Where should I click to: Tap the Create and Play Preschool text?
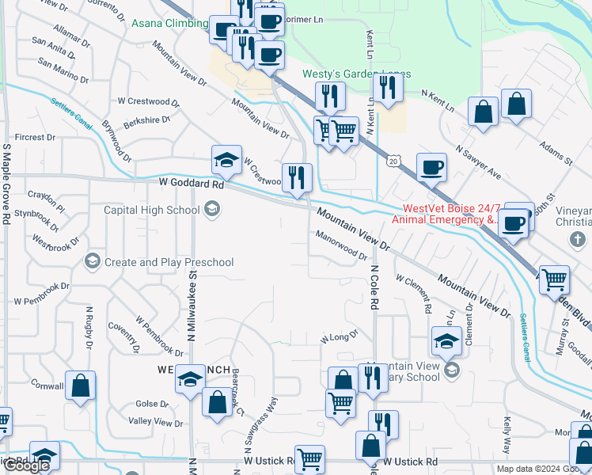pyautogui.click(x=169, y=262)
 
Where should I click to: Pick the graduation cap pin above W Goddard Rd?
pyautogui.click(x=226, y=161)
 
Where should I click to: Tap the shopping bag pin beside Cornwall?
pyautogui.click(x=80, y=386)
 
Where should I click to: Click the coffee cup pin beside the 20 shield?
pyautogui.click(x=431, y=167)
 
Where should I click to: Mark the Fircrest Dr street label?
pyautogui.click(x=34, y=137)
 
